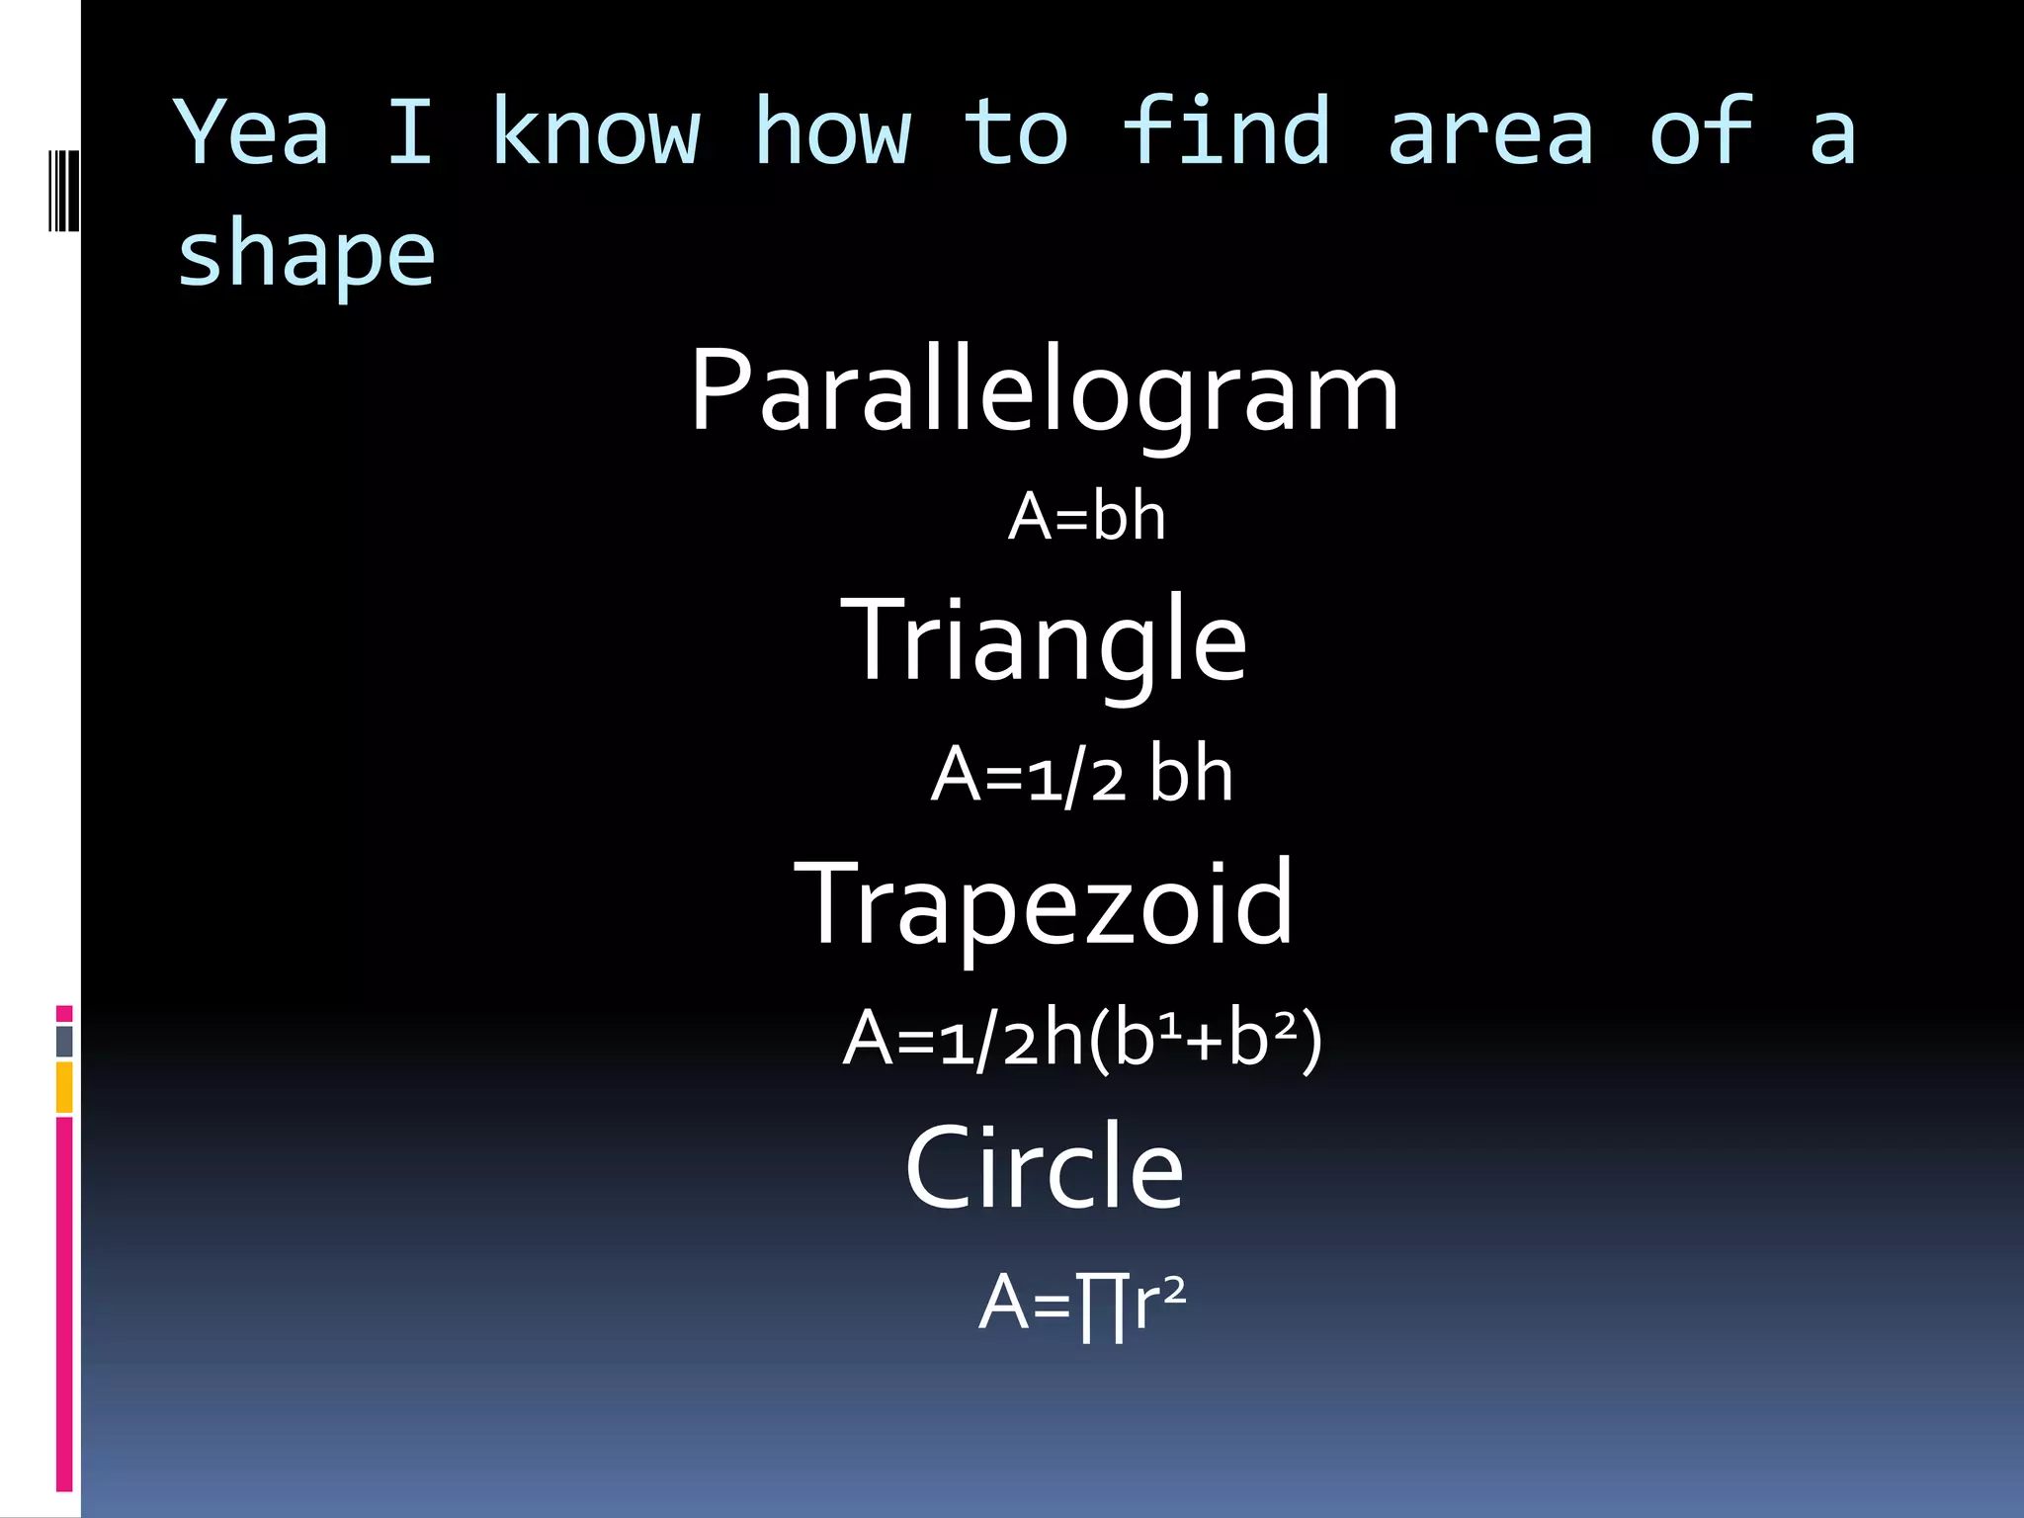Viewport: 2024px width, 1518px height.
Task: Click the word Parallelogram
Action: [1044, 392]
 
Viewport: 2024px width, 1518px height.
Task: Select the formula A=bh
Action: [1086, 517]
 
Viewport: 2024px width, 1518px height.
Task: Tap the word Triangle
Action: [1044, 640]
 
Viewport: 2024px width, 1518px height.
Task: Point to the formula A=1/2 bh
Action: [1081, 775]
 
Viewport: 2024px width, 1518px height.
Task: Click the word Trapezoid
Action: [1044, 903]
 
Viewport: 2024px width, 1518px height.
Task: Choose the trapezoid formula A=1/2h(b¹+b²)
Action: [1081, 1039]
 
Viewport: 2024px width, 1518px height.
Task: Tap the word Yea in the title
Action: [252, 132]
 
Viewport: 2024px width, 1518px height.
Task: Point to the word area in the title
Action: [1489, 132]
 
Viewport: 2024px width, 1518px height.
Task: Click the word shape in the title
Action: [305, 255]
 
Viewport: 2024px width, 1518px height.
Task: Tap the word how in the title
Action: [832, 132]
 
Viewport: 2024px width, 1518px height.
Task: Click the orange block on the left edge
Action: [64, 1087]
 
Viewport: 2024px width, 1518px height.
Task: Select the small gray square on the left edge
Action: [64, 1041]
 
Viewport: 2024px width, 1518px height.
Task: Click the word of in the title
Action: [1700, 132]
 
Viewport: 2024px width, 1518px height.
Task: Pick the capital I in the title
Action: [410, 132]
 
